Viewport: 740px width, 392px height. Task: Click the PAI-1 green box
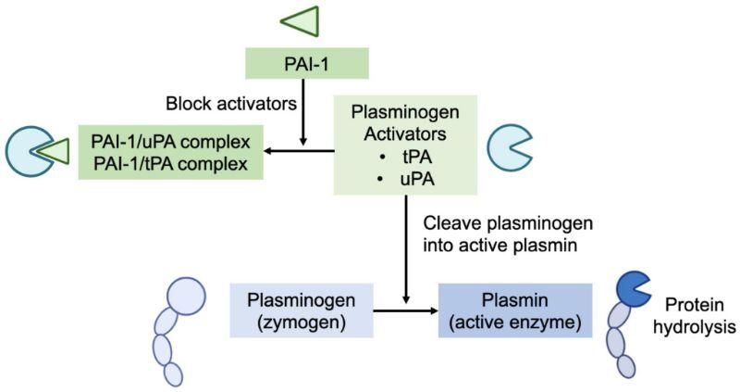pos(307,63)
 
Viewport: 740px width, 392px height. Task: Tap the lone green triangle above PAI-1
pos(303,21)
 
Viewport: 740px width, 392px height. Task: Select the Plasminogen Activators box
pos(405,145)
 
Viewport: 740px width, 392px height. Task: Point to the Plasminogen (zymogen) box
pos(302,310)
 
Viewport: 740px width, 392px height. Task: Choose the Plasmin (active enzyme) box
pos(515,310)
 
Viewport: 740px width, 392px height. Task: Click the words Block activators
pos(231,104)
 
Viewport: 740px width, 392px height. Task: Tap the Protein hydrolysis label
pos(695,316)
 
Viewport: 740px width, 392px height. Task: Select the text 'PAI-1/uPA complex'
pos(171,142)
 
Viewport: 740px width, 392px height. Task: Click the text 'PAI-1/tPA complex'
pos(171,164)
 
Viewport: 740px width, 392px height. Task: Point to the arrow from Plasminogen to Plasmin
pos(406,310)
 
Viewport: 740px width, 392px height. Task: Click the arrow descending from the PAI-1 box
pos(303,112)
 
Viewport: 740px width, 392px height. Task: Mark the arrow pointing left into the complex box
pos(299,151)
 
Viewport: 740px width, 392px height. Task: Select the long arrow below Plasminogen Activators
pos(406,249)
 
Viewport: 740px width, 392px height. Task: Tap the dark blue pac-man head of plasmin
pos(633,289)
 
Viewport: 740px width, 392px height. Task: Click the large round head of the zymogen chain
pos(187,297)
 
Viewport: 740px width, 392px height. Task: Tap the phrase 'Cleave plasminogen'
pos(508,223)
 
